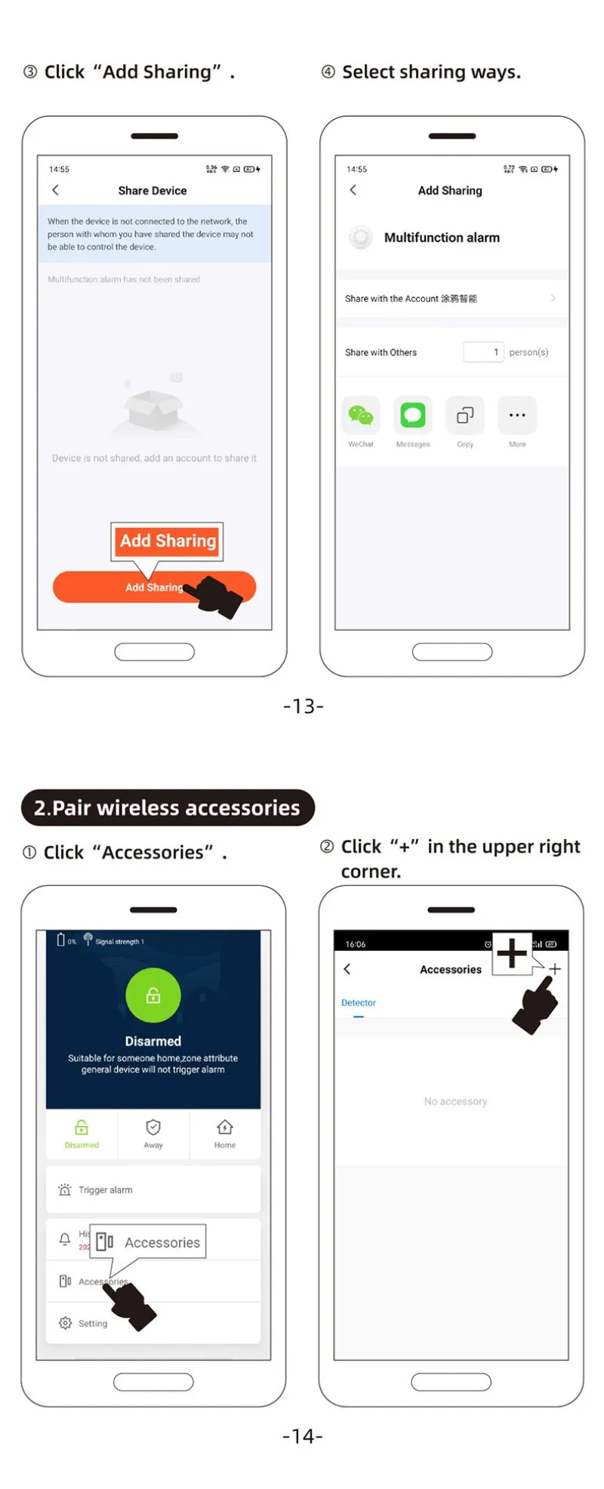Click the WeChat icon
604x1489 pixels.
tap(360, 415)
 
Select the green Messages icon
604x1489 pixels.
tap(412, 415)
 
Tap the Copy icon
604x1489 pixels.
tap(465, 415)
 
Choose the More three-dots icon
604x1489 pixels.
tap(517, 415)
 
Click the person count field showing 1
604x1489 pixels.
tap(483, 352)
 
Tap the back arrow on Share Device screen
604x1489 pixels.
tap(55, 190)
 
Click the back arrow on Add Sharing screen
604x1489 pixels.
tap(353, 190)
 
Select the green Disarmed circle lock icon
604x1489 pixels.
tap(153, 995)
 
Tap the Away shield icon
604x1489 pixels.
tap(153, 1128)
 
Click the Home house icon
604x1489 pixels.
tap(224, 1128)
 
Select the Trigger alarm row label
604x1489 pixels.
tap(106, 1190)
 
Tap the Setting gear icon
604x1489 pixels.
tap(65, 1323)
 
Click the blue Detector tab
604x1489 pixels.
tap(359, 1003)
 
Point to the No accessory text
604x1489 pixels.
tap(455, 1102)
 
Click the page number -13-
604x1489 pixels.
tap(303, 706)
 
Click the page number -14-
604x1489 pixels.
tap(302, 1435)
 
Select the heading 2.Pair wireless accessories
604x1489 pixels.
tap(168, 808)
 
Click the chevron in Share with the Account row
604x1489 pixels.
tap(553, 298)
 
